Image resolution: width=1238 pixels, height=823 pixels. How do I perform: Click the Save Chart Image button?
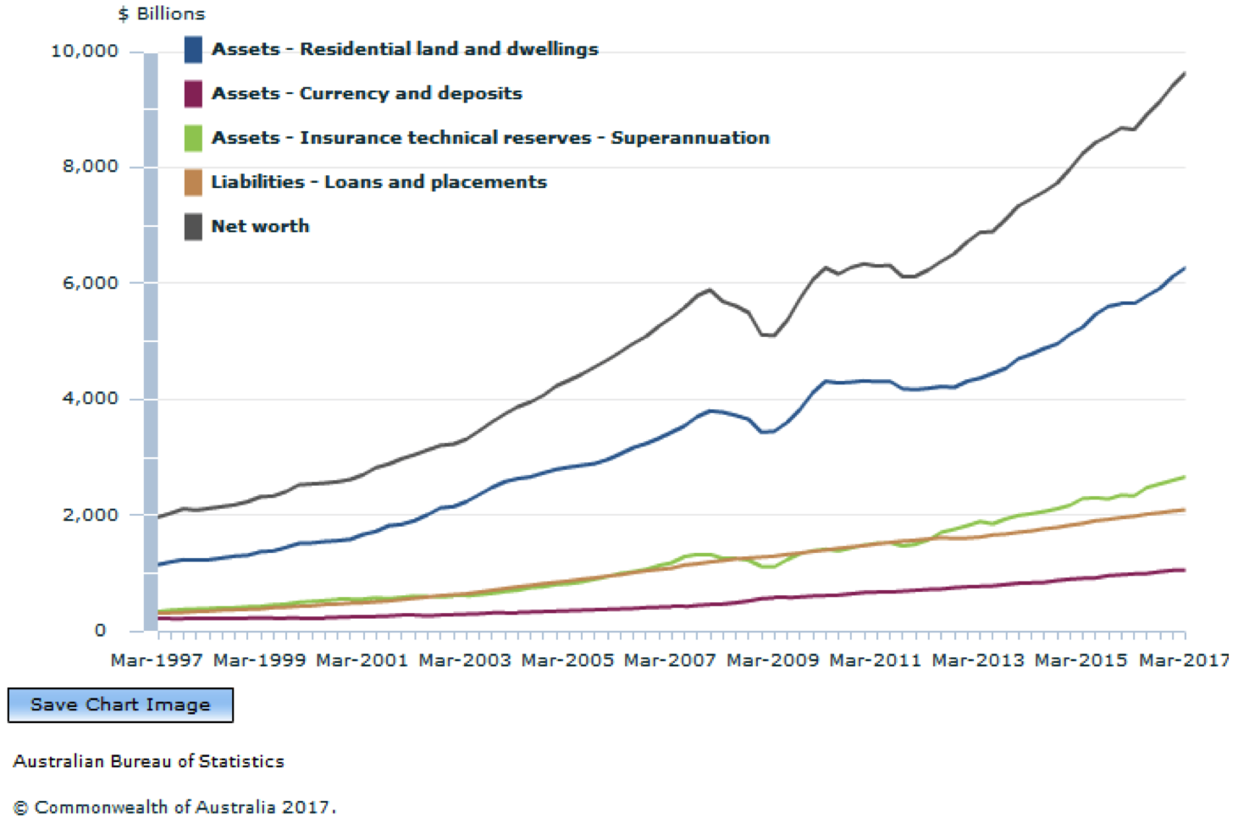pyautogui.click(x=120, y=704)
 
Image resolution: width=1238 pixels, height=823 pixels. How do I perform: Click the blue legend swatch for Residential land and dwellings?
pyautogui.click(x=193, y=50)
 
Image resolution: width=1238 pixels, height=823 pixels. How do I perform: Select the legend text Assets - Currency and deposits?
pyautogui.click(x=367, y=93)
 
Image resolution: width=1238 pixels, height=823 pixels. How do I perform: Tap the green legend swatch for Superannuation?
pyautogui.click(x=193, y=138)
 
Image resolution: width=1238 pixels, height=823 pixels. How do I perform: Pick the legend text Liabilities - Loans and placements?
pyautogui.click(x=379, y=182)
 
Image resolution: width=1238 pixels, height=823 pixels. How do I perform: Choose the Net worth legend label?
pyautogui.click(x=260, y=226)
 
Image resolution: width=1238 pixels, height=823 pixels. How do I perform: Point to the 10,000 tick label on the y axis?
pyautogui.click(x=85, y=52)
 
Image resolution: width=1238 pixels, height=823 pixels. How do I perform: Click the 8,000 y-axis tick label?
pyautogui.click(x=90, y=167)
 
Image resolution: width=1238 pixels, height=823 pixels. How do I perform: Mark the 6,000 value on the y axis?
pyautogui.click(x=90, y=283)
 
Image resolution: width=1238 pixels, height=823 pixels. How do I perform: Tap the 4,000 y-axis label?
pyautogui.click(x=90, y=399)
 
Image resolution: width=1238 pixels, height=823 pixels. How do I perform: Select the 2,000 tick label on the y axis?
pyautogui.click(x=90, y=515)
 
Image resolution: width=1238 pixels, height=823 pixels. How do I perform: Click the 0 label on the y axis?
pyautogui.click(x=101, y=631)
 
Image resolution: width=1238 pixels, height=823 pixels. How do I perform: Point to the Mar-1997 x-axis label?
pyautogui.click(x=157, y=660)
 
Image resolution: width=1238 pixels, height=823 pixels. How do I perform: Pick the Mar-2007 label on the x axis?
pyautogui.click(x=670, y=660)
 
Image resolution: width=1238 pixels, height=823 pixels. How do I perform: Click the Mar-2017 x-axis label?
pyautogui.click(x=1184, y=660)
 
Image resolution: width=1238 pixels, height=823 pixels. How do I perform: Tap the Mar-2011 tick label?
pyautogui.click(x=875, y=660)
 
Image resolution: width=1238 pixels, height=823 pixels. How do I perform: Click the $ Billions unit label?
pyautogui.click(x=161, y=14)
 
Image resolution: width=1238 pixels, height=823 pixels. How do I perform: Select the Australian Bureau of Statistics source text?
pyautogui.click(x=149, y=761)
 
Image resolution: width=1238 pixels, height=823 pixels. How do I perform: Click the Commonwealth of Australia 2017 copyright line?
pyautogui.click(x=174, y=807)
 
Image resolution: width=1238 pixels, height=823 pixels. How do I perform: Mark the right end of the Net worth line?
pyautogui.click(x=1184, y=74)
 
